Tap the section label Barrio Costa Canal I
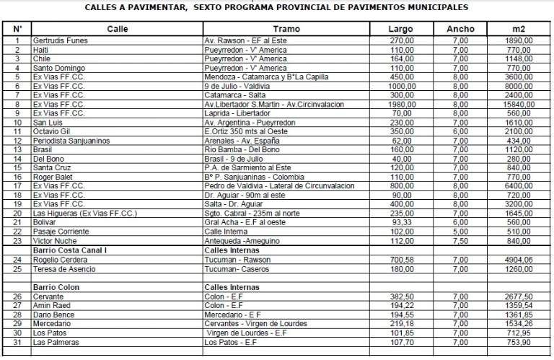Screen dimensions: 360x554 point(71,249)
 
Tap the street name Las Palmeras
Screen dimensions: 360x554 point(55,342)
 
